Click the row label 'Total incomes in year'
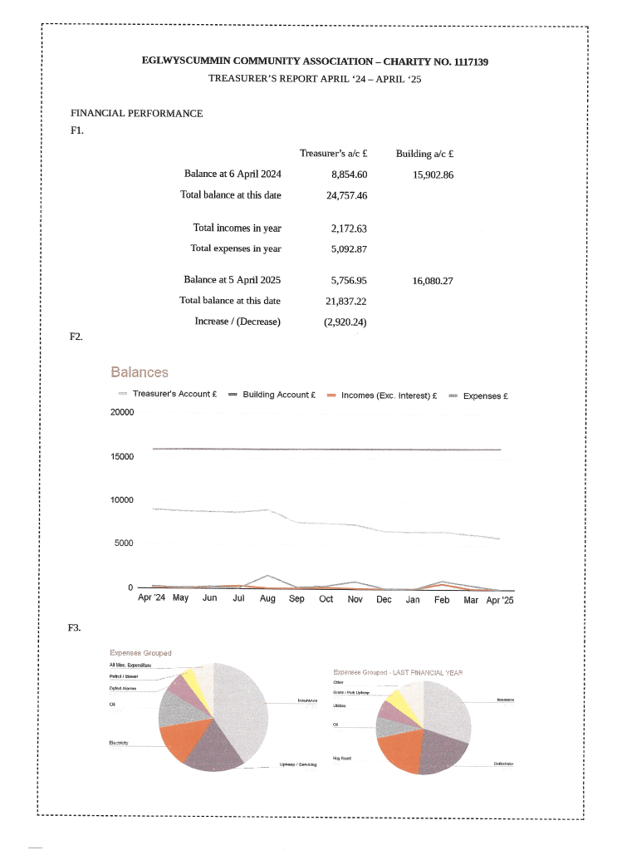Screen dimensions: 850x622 click(237, 228)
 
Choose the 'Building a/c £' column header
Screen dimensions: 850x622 click(429, 153)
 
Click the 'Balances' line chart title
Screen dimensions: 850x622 click(140, 373)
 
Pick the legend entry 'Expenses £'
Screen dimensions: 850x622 click(483, 396)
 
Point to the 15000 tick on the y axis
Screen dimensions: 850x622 click(122, 457)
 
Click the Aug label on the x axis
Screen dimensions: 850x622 click(267, 598)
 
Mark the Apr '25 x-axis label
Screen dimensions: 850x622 click(500, 598)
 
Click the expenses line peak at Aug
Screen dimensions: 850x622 click(267, 575)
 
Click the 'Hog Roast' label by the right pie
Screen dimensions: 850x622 click(340, 757)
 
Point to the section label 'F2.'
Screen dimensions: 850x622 click(76, 337)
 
